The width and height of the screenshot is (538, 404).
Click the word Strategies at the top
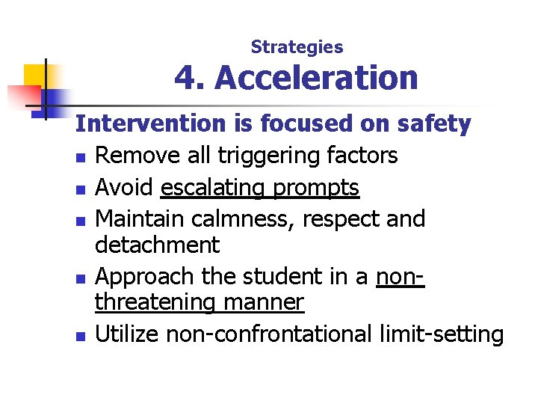pyautogui.click(x=297, y=47)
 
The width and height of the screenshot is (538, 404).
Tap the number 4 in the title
pyautogui.click(x=184, y=78)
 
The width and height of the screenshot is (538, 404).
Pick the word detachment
pyautogui.click(x=158, y=245)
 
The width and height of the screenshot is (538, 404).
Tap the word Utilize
pyautogui.click(x=128, y=333)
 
